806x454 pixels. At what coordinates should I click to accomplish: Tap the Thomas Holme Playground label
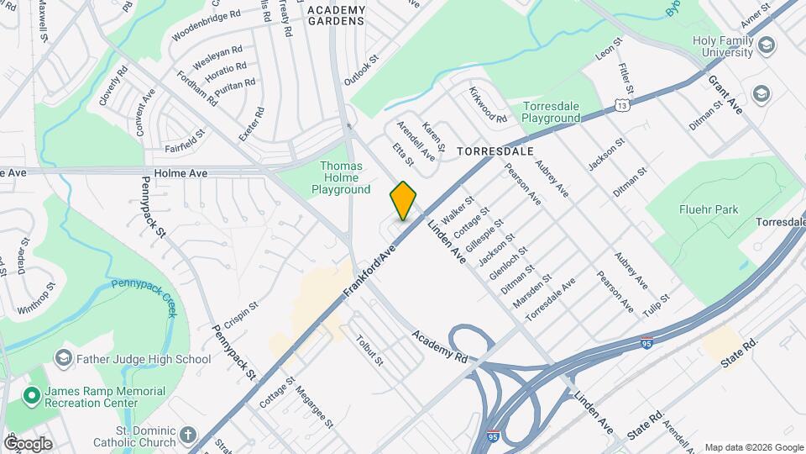click(341, 177)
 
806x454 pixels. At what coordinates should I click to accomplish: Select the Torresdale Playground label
click(551, 113)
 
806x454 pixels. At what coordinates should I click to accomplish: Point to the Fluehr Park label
click(710, 209)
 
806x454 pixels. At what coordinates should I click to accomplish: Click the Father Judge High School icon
click(63, 360)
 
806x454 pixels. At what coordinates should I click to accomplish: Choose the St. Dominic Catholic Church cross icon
click(188, 436)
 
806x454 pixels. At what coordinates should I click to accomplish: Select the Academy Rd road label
click(439, 346)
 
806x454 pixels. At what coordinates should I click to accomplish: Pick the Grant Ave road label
click(726, 94)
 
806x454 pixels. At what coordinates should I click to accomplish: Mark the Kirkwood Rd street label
click(488, 106)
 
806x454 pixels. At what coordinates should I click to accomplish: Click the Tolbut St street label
click(369, 351)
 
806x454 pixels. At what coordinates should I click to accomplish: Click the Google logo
click(28, 444)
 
